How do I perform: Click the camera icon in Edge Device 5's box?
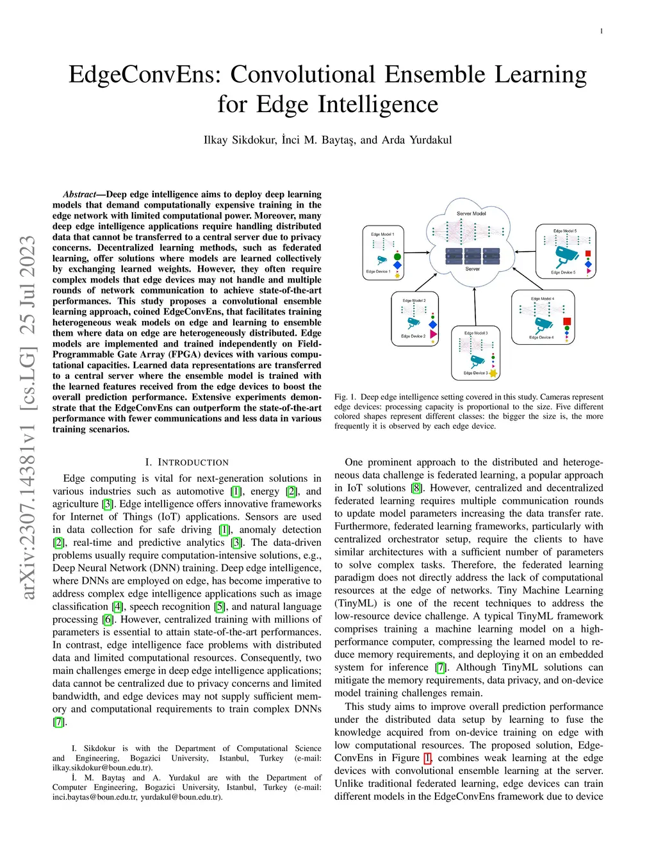[x=566, y=255]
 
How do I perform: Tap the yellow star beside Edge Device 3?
[x=493, y=373]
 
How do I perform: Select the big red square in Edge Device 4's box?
[x=566, y=321]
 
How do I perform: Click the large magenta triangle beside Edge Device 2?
[x=434, y=334]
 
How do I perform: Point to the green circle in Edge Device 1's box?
[x=397, y=256]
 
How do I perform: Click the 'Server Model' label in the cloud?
[x=471, y=213]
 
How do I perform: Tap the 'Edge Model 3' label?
[x=476, y=333]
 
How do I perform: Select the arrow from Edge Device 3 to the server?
[x=475, y=308]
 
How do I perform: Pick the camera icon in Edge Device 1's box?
[x=382, y=260]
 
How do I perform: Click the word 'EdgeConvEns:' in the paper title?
[x=145, y=74]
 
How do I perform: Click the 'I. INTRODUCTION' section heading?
[x=186, y=462]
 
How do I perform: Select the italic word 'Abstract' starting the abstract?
[x=79, y=194]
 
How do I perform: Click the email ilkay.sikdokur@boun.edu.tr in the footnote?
[x=102, y=767]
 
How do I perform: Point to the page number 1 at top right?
[x=601, y=31]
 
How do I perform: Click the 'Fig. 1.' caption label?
[x=345, y=397]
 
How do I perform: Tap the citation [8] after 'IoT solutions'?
[x=416, y=488]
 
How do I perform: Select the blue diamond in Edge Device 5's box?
[x=588, y=263]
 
